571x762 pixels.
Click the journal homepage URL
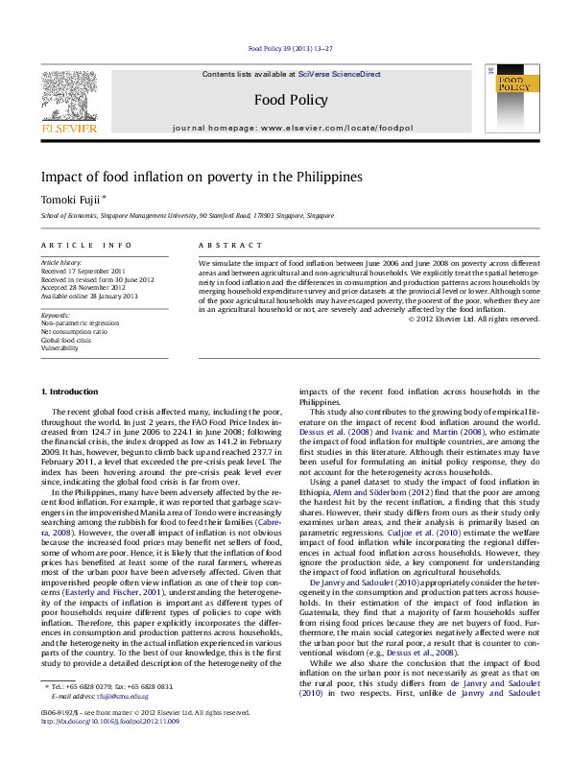pos(330,127)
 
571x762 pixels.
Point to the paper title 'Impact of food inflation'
pos(187,177)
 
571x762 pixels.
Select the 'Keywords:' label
pos(55,314)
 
